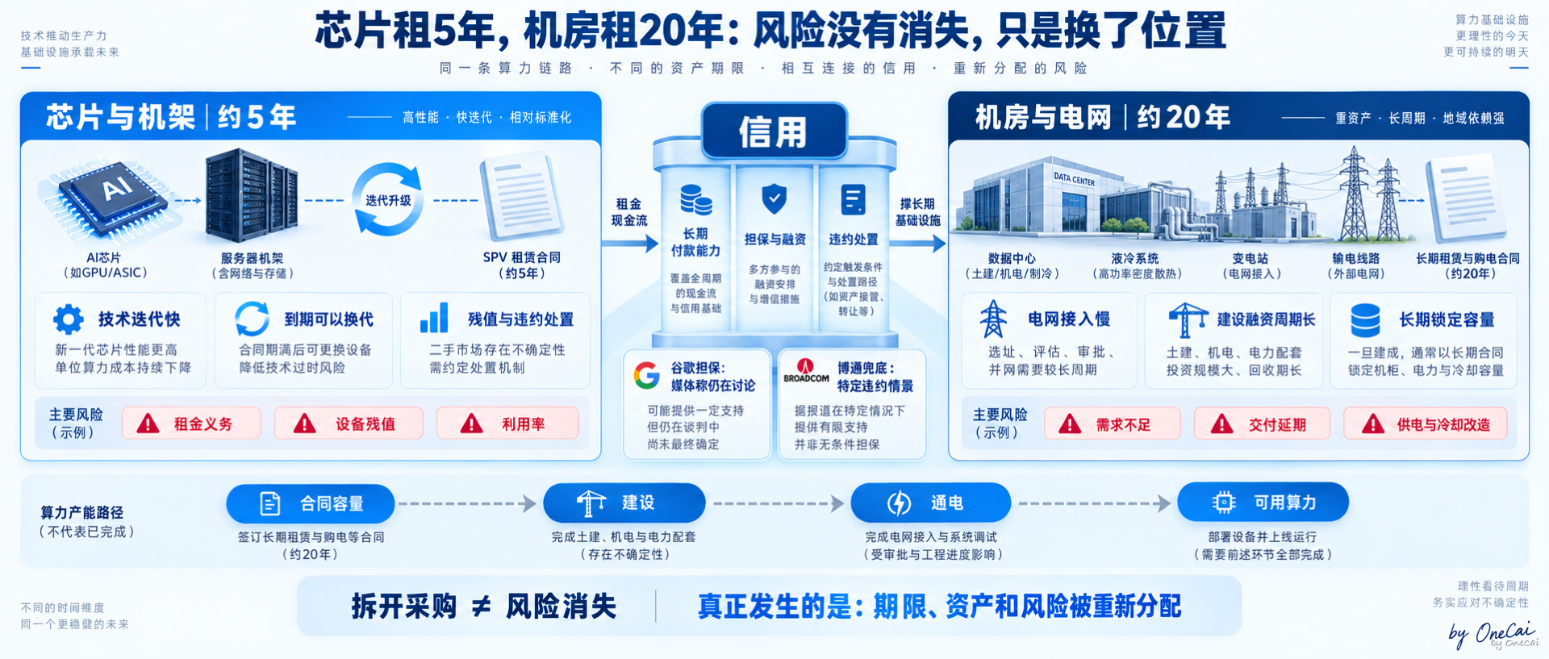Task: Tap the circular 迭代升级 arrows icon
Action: (388, 199)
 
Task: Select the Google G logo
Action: (646, 376)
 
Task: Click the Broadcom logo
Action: (806, 371)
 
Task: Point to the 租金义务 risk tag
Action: (191, 423)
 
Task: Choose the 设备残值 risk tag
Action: (349, 423)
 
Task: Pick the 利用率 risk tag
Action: (507, 423)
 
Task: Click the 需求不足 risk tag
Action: (1113, 424)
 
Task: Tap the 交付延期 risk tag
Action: (1262, 424)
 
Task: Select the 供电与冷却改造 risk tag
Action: (1426, 424)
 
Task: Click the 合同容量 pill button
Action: (311, 504)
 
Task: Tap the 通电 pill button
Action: (931, 503)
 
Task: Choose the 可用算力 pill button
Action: (1263, 503)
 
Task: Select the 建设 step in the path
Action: (624, 503)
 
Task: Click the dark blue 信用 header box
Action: (774, 131)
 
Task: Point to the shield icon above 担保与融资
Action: (774, 198)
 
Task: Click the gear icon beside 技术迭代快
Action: (69, 319)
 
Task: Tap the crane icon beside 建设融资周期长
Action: (1188, 319)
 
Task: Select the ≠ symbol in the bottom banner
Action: (481, 607)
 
